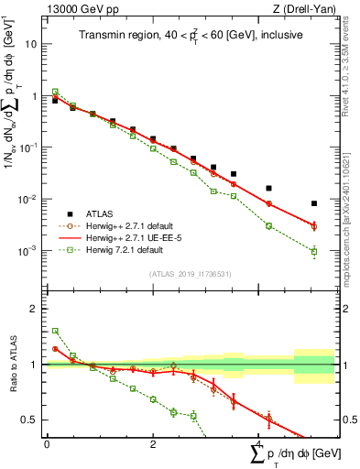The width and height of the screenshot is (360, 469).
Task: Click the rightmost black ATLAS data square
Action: coord(314,203)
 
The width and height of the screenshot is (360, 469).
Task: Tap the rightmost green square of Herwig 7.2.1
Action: coord(314,251)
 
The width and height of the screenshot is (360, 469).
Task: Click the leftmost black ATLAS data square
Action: coord(55,101)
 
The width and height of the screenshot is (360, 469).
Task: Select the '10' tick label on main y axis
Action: coord(32,44)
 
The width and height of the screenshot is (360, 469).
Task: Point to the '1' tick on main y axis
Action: coord(36,95)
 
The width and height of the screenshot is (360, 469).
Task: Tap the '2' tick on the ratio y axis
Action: coord(35,309)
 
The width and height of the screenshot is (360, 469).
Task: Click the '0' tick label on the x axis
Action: coord(47,443)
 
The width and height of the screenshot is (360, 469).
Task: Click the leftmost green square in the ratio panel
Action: coord(55,331)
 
